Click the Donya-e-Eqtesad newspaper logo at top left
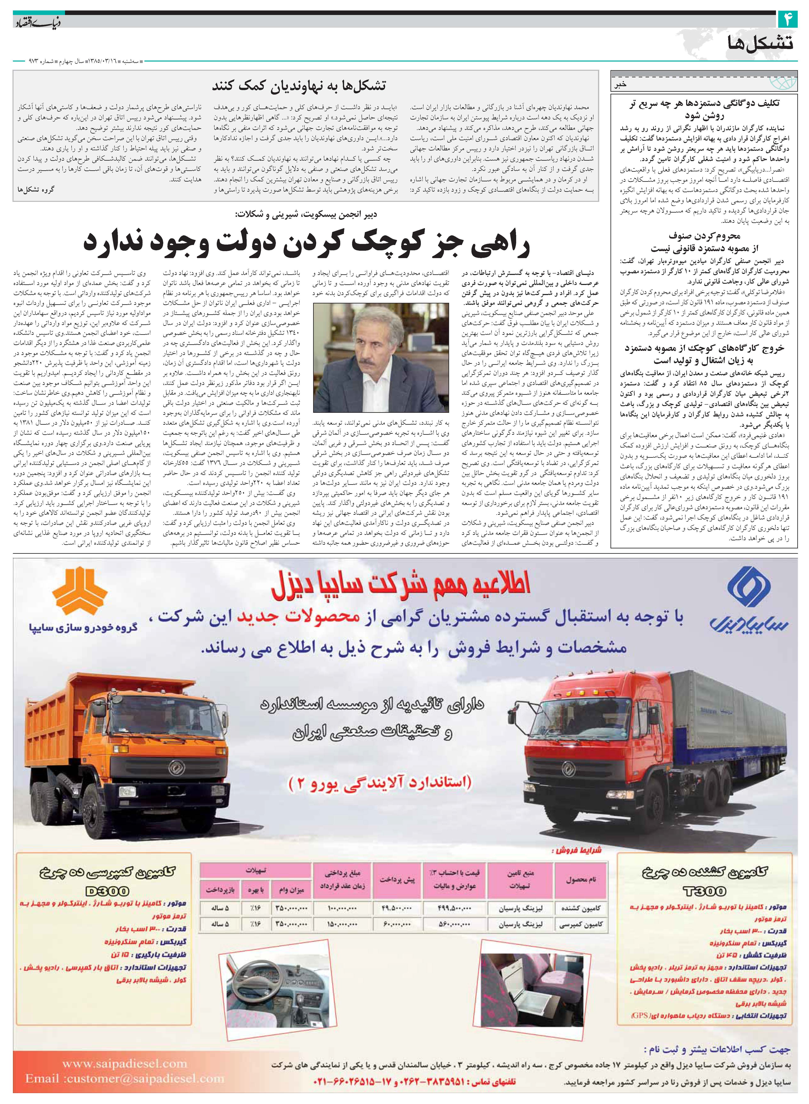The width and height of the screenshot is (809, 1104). (33, 22)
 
